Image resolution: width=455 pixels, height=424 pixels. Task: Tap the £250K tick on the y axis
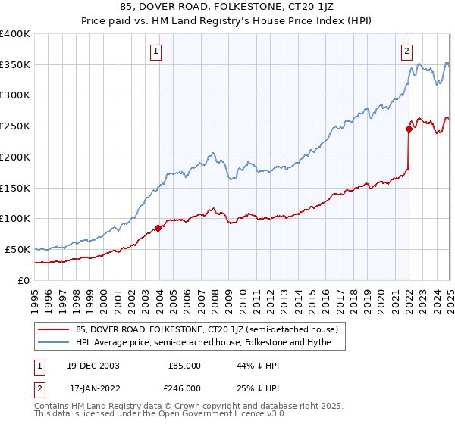pyautogui.click(x=15, y=126)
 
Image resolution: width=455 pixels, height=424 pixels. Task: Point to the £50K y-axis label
pyautogui.click(x=17, y=249)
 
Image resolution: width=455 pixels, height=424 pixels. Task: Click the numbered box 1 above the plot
pyautogui.click(x=155, y=51)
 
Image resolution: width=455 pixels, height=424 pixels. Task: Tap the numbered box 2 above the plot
pyautogui.click(x=406, y=51)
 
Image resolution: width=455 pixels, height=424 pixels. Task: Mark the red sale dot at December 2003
pyautogui.click(x=158, y=227)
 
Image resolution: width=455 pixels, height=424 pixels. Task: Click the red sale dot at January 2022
pyautogui.click(x=409, y=129)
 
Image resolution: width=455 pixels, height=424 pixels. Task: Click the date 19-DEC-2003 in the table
pyautogui.click(x=92, y=365)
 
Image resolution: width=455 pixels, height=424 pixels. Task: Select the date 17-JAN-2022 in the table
pyautogui.click(x=92, y=388)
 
